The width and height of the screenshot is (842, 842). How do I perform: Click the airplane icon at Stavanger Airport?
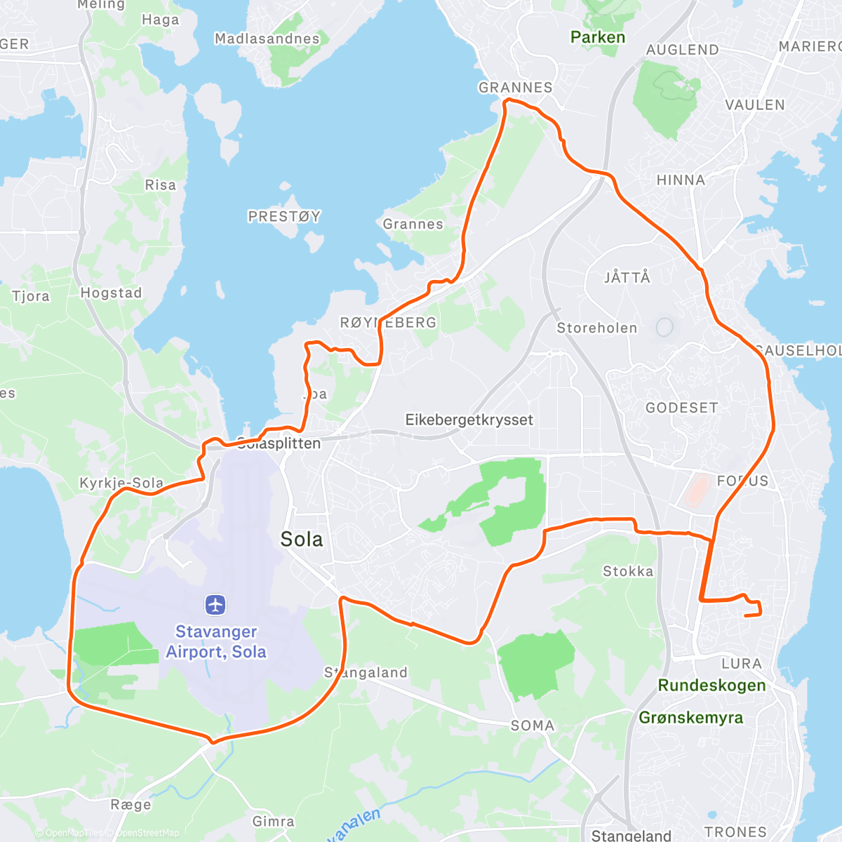coord(215,604)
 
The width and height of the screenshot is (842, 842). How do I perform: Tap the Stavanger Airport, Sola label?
coord(216,642)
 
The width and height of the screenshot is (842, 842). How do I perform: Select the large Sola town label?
coord(302,539)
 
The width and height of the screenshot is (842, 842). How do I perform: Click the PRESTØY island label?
coord(284,216)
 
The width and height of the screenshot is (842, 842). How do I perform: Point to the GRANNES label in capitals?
coord(515,88)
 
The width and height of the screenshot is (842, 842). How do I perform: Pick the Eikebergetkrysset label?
coord(469,420)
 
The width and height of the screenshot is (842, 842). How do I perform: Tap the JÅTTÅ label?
coord(627,277)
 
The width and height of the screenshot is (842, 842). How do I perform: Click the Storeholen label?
coord(597,328)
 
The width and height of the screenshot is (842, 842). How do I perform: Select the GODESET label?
coord(681,408)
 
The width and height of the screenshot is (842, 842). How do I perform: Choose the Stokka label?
coord(628,571)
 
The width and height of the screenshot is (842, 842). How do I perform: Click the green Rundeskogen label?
coord(711,686)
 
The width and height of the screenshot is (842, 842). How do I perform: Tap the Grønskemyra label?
coord(690,718)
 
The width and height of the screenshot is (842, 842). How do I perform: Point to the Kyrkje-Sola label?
coord(121,483)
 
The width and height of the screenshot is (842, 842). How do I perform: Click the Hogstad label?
coord(111,293)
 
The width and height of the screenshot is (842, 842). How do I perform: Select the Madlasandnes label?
coord(267,39)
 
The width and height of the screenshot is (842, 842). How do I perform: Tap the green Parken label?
coord(597,37)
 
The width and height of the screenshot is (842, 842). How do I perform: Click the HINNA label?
coord(681,180)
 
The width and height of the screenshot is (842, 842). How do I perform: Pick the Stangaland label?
coord(366,672)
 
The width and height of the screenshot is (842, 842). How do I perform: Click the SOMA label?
coord(532,726)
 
